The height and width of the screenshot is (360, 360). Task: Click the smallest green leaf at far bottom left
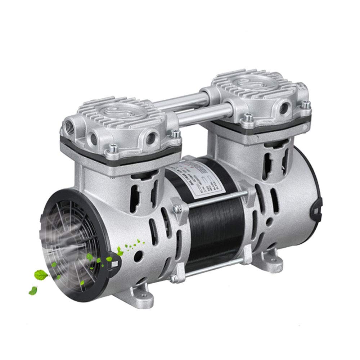(32, 290)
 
